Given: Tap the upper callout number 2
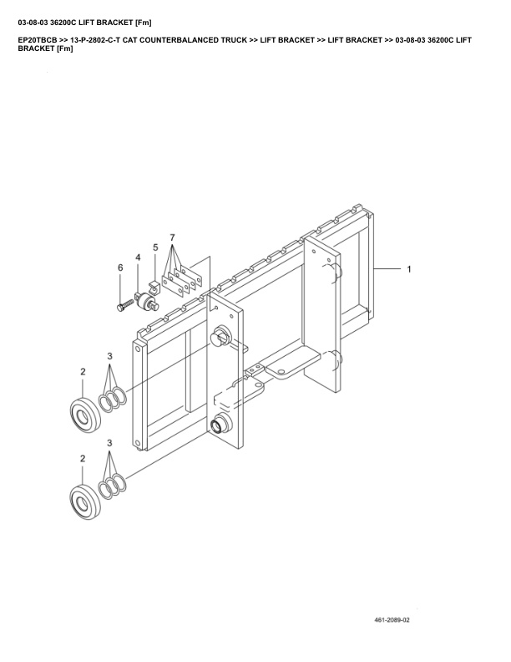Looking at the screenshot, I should point(83,371).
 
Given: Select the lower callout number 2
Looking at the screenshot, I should point(83,459).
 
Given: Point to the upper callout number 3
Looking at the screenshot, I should point(109,357).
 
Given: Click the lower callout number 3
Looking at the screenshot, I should point(109,444).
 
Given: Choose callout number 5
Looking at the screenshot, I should point(155,247).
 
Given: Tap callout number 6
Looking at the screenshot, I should point(119,267).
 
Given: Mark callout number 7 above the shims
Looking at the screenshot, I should point(173,238).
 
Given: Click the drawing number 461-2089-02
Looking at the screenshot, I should point(398,620).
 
